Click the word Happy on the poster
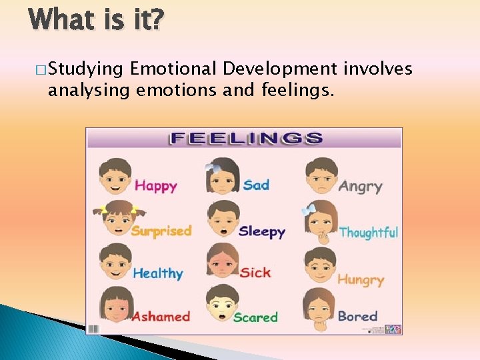pos(155,185)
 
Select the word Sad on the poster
pos(256,184)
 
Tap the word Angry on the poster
pos(360,186)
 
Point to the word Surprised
pos(161,231)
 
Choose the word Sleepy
pos(261,232)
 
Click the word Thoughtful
pos(368,233)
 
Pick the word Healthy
pos(157,273)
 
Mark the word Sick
pos(255,272)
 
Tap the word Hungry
pos(361,279)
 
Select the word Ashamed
pos(161,316)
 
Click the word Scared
pos(255,317)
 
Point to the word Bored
pos(357,316)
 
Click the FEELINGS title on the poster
pos(245,139)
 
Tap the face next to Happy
pos(115,176)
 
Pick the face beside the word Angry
pos(321,176)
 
